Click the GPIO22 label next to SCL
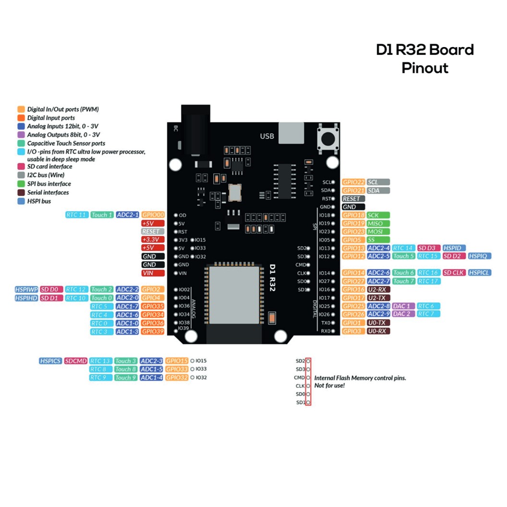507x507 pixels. coord(353,182)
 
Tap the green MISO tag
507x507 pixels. coord(378,224)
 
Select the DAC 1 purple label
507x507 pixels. coord(403,306)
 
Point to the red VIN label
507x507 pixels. coord(153,273)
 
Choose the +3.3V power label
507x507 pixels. coord(153,240)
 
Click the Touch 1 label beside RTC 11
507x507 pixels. coord(102,215)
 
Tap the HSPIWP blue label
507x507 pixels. coord(26,290)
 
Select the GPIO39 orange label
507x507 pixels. coord(153,332)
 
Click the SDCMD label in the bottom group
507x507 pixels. coord(76,361)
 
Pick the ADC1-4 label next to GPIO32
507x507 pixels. coord(151,378)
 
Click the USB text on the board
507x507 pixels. coord(267,136)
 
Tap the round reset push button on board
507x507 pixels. coord(328,139)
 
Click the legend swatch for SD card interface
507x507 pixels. coord(21,166)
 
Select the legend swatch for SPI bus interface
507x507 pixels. coord(21,183)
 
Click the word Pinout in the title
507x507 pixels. coord(425,68)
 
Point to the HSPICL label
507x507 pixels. coord(480,273)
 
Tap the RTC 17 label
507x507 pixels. coord(428,281)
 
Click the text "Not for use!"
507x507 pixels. coord(329,386)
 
